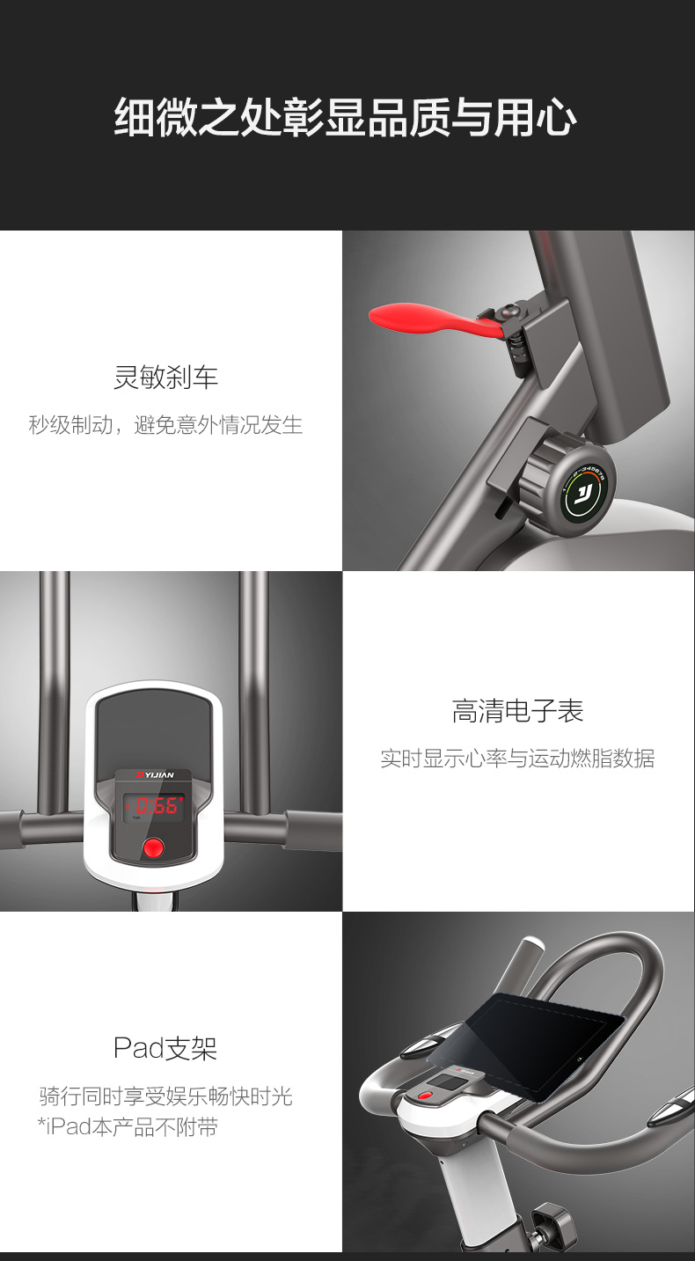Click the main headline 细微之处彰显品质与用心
coord(346,118)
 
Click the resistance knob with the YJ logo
coord(568,484)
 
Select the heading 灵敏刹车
coord(166,377)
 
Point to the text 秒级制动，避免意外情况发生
coord(165,424)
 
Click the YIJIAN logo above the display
coord(155,774)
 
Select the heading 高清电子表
coord(518,710)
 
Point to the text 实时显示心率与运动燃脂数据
coord(518,759)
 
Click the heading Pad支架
coord(165,1048)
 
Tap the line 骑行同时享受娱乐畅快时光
coord(166,1096)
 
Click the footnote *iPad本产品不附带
coord(128,1127)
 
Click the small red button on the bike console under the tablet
coord(425,1096)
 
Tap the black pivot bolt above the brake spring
coord(508,310)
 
